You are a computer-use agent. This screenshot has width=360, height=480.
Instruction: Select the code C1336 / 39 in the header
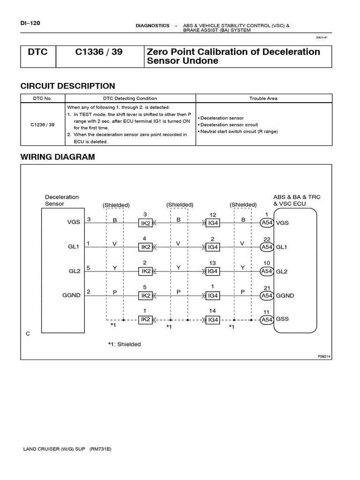click(99, 52)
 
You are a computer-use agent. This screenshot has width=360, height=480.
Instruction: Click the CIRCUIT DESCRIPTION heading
click(67, 86)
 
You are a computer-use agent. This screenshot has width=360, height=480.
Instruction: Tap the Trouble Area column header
click(263, 98)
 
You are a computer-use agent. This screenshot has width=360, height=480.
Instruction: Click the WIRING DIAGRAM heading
click(58, 157)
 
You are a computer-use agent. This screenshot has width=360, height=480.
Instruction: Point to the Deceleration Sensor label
click(62, 200)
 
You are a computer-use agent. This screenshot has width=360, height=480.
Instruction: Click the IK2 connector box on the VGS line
click(145, 223)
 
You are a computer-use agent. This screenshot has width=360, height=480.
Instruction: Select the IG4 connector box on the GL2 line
click(213, 271)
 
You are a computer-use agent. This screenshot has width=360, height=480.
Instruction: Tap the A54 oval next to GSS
click(267, 320)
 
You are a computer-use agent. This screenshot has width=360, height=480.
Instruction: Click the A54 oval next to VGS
click(267, 223)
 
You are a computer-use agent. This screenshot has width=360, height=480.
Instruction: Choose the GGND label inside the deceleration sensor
click(71, 295)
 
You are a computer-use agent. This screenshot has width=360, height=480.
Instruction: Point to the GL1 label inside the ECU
click(283, 247)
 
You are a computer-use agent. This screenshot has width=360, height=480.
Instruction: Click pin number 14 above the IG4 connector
click(212, 311)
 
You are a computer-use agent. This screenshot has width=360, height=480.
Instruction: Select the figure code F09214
click(324, 356)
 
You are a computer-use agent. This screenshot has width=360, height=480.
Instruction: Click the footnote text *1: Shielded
click(124, 344)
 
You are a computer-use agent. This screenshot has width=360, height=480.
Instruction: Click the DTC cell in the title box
click(38, 52)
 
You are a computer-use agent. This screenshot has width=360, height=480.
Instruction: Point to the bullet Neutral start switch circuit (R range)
click(238, 132)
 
